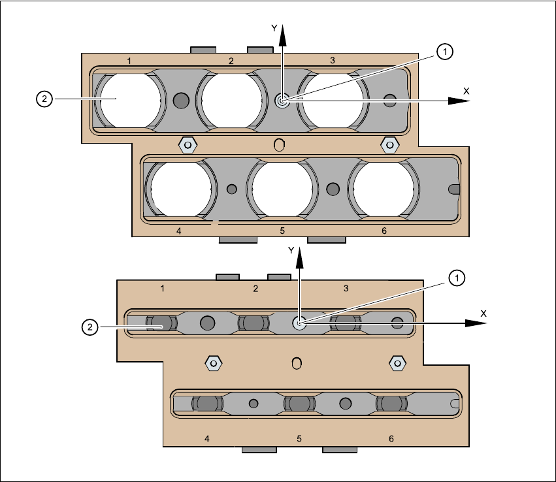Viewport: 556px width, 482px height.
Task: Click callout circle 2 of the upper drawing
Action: tap(44, 99)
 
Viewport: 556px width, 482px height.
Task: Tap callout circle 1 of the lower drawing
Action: tap(458, 278)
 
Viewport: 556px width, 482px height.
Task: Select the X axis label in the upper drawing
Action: tap(466, 91)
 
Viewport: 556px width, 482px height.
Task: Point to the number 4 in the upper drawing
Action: tap(178, 231)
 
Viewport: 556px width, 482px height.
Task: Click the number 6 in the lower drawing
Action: tap(391, 438)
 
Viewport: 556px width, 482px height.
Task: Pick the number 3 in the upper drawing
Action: tap(333, 61)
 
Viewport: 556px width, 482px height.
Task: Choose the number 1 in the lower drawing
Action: tap(162, 288)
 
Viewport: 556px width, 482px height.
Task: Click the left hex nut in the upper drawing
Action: tap(188, 144)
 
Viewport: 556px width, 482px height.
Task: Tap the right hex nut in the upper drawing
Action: tap(389, 144)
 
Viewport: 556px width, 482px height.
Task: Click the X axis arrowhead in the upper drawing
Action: tap(455, 101)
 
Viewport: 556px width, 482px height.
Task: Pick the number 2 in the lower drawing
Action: tap(255, 288)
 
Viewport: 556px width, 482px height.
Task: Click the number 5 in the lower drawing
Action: tap(299, 438)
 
